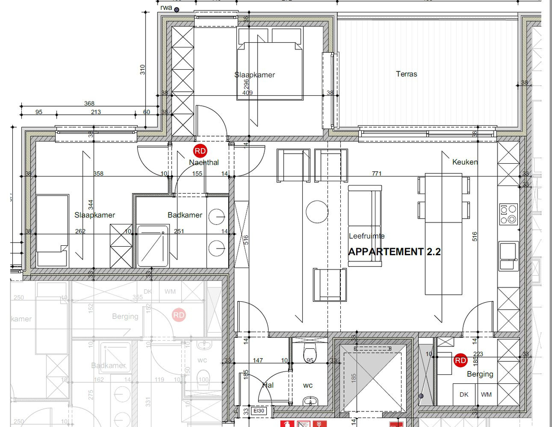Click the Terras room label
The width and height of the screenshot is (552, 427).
[406, 74]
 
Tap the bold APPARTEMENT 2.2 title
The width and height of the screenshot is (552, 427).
[394, 252]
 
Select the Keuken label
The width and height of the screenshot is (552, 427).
[465, 162]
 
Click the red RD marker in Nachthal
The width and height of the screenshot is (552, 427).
[200, 151]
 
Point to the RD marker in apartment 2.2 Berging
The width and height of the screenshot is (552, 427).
[460, 361]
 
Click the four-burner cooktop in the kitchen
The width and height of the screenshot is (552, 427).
[508, 214]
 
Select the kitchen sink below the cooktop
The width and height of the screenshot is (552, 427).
[508, 256]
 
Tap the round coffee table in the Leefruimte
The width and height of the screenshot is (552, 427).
[317, 212]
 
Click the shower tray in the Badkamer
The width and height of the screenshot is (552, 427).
[153, 246]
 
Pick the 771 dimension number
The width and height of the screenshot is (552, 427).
[376, 174]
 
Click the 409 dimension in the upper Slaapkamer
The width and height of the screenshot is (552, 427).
[247, 93]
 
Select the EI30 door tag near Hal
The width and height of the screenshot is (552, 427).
[259, 411]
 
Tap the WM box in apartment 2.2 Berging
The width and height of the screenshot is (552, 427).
[486, 394]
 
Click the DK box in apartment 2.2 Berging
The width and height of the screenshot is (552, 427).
[464, 394]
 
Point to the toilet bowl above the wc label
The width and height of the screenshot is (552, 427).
[309, 353]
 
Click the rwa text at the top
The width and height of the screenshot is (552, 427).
[166, 7]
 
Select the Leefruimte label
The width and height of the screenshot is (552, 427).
[366, 236]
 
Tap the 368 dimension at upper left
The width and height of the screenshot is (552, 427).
[89, 103]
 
